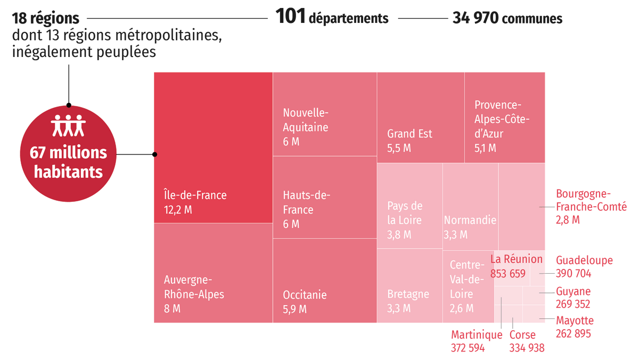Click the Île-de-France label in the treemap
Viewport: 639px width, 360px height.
(195, 195)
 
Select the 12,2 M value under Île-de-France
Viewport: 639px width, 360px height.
(178, 210)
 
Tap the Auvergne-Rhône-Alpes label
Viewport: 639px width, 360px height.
(194, 287)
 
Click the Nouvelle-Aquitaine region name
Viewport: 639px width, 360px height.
(306, 120)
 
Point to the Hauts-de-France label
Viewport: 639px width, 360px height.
(306, 202)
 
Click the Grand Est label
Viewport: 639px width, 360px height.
(409, 134)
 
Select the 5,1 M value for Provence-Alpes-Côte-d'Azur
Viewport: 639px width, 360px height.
(485, 148)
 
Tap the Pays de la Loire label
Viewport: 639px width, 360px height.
(405, 213)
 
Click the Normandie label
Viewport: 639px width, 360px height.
(470, 220)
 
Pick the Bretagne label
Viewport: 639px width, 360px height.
(408, 294)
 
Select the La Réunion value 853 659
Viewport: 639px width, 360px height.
(507, 274)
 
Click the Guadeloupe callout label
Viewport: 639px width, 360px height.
(584, 260)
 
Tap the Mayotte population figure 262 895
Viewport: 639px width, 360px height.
(573, 333)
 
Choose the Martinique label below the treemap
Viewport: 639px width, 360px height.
(477, 335)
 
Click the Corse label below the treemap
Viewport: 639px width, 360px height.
(522, 335)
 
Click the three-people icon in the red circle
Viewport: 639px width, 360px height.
(68, 125)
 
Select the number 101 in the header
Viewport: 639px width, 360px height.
(291, 18)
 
